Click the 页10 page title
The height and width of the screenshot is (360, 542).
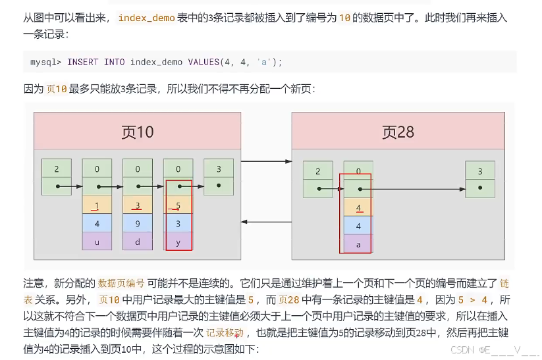tap(138, 132)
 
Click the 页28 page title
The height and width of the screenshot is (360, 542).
tap(398, 132)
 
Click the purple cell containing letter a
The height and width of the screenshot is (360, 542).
tap(358, 244)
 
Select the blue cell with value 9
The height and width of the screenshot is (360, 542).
tap(138, 223)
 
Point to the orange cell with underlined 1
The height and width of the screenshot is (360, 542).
tap(97, 205)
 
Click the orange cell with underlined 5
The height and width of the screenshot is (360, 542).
tap(178, 205)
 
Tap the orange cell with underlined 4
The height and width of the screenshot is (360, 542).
tap(358, 208)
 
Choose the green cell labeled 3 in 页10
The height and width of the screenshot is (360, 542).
tap(218, 169)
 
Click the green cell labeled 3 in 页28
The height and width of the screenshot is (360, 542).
tap(479, 172)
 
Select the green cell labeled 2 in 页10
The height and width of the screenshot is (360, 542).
tap(57, 169)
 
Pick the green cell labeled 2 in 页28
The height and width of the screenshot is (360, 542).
tap(317, 172)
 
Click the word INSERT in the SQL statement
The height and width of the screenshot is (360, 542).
tap(82, 62)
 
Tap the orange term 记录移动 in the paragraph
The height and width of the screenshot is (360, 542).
tap(225, 332)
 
